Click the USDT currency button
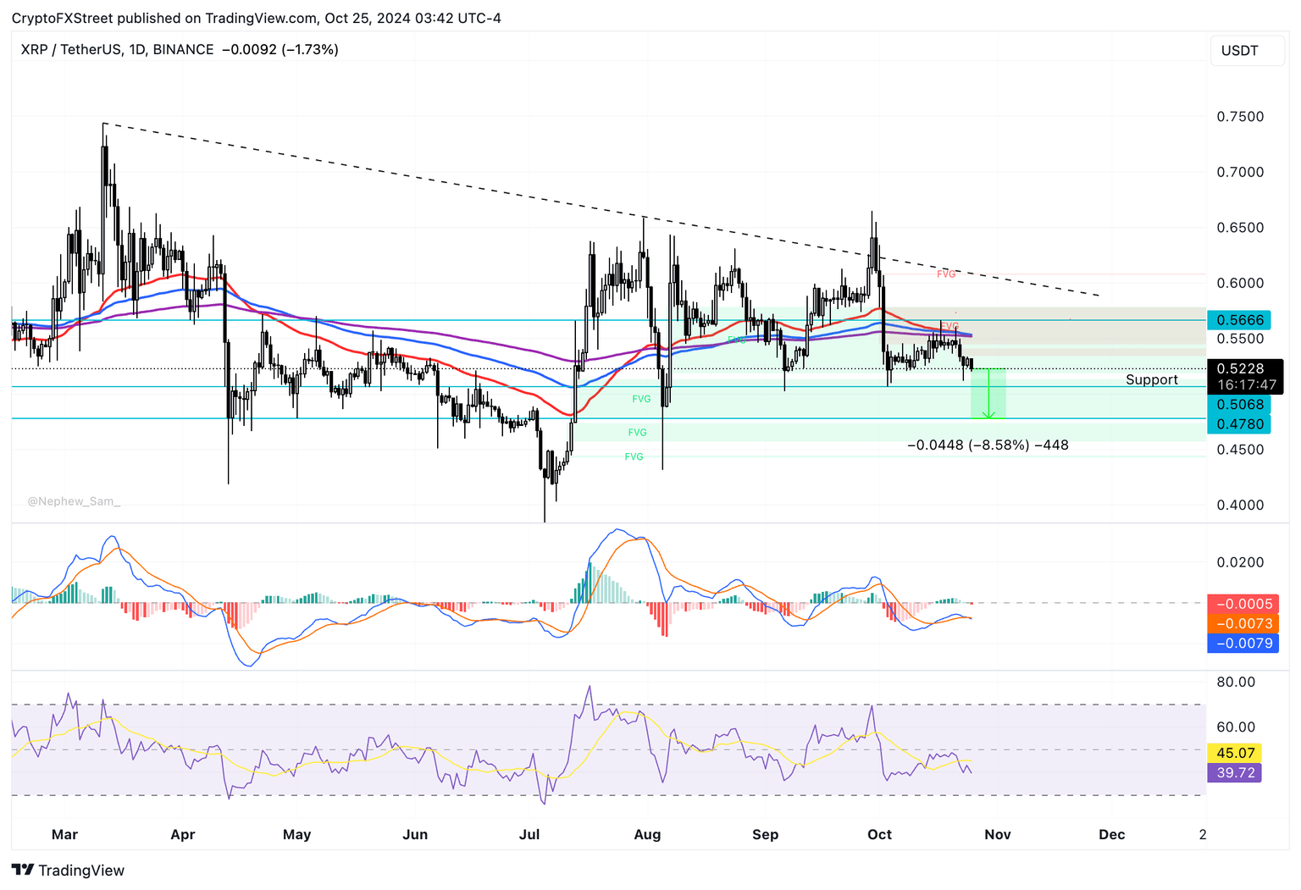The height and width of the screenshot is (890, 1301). pos(1239,51)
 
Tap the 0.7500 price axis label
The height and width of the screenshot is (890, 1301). pos(1240,117)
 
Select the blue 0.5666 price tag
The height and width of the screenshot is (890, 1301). pos(1240,320)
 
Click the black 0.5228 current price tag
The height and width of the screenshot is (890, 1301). pos(1240,369)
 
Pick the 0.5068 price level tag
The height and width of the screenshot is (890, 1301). pos(1240,405)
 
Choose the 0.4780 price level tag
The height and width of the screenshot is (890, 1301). pos(1240,424)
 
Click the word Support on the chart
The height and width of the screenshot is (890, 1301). pos(1151,380)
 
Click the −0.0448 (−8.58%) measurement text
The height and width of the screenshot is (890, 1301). pos(988,445)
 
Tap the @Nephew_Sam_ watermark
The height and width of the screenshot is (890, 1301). pos(74,501)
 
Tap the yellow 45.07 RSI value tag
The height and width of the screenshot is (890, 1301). pos(1235,753)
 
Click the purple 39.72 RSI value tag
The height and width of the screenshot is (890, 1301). pos(1235,772)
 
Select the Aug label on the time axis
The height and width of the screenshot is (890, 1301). pos(647,834)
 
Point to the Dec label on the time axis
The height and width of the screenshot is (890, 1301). pos(1111,834)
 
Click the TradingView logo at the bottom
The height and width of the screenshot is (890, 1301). pos(69,870)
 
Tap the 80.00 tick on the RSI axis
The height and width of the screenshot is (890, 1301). pos(1235,682)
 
